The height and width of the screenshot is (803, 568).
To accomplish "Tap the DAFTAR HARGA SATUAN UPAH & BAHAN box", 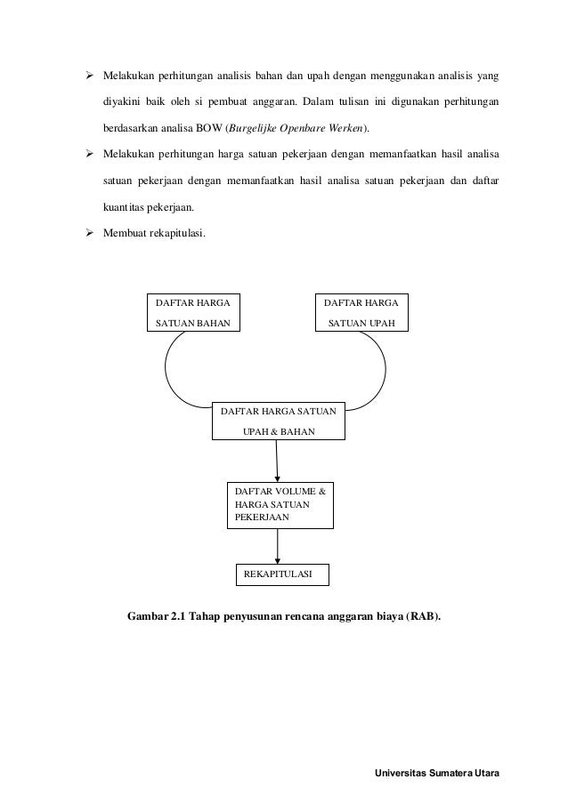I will (279, 422).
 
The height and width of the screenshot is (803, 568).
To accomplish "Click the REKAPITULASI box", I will (280, 575).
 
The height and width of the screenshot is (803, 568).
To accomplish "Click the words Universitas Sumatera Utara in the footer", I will (439, 772).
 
